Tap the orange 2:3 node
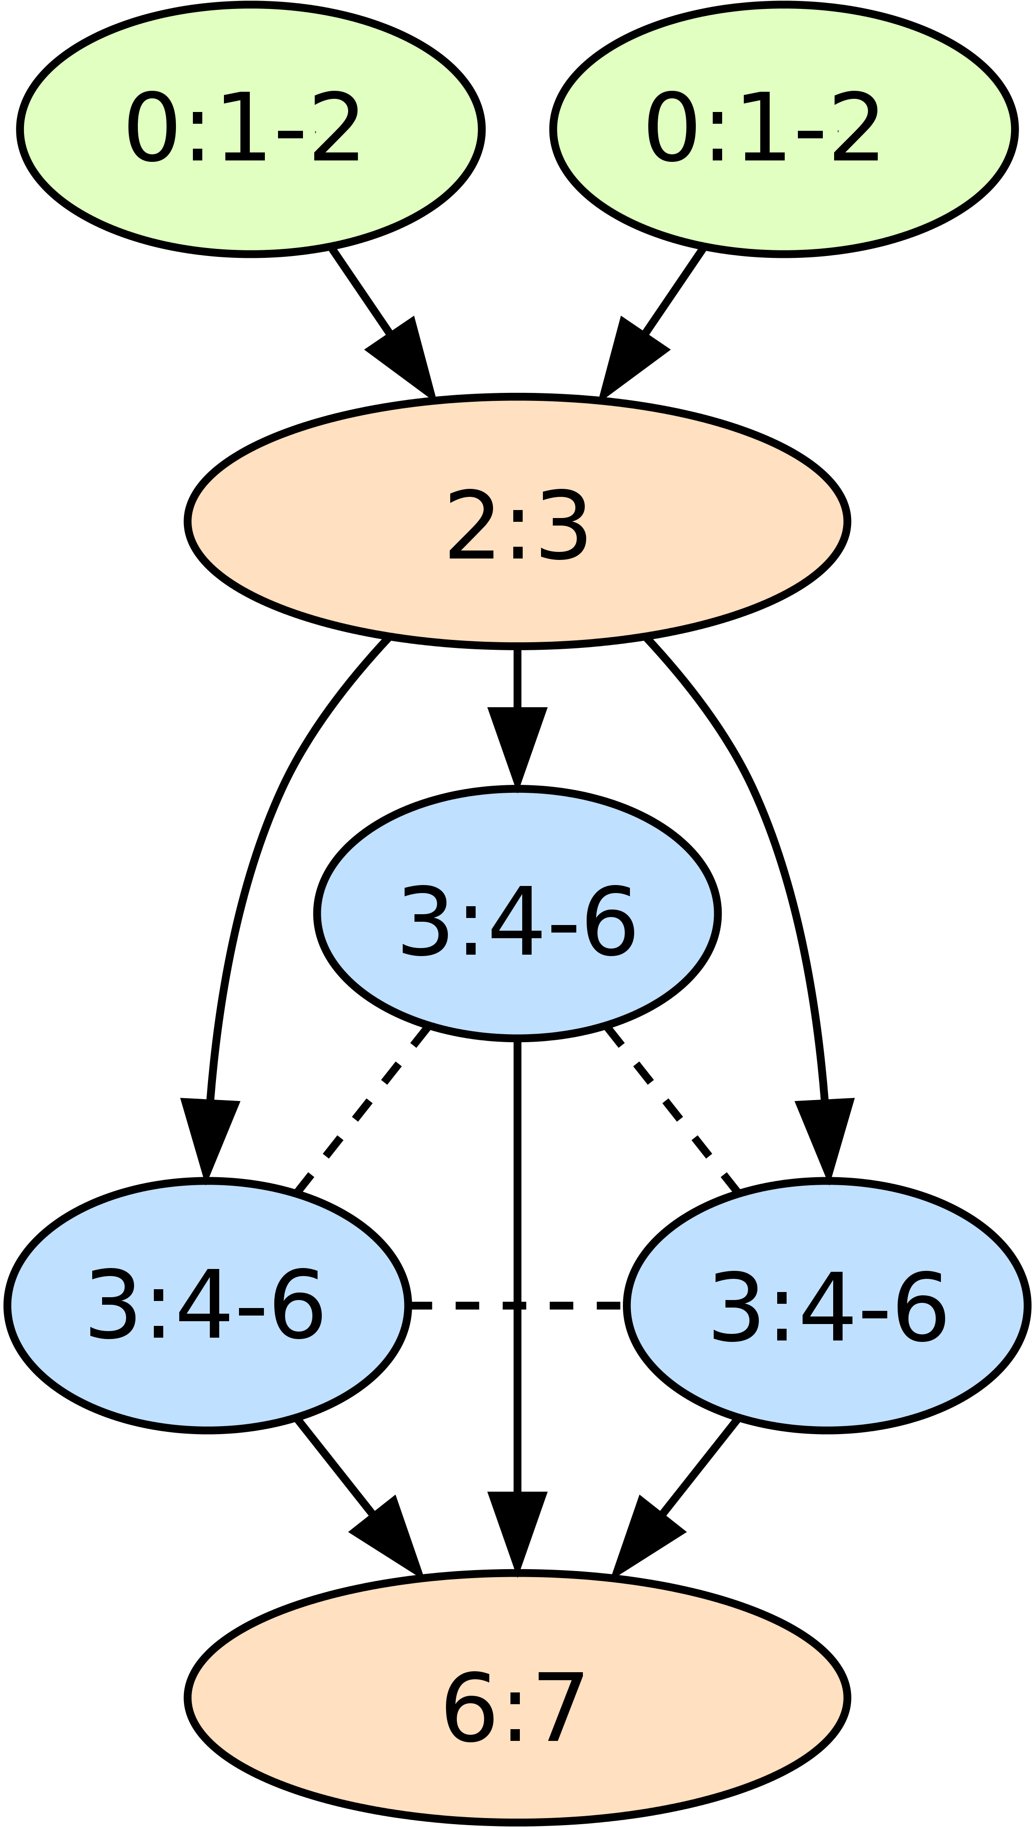pyautogui.click(x=517, y=521)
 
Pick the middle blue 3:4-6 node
pyautogui.click(x=517, y=914)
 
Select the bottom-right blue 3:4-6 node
pyautogui.click(x=827, y=1305)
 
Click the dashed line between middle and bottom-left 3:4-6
pyautogui.click(x=361, y=1109)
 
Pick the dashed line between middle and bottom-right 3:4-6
pyautogui.click(x=672, y=1109)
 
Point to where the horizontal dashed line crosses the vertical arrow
pyautogui.click(x=517, y=1305)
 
